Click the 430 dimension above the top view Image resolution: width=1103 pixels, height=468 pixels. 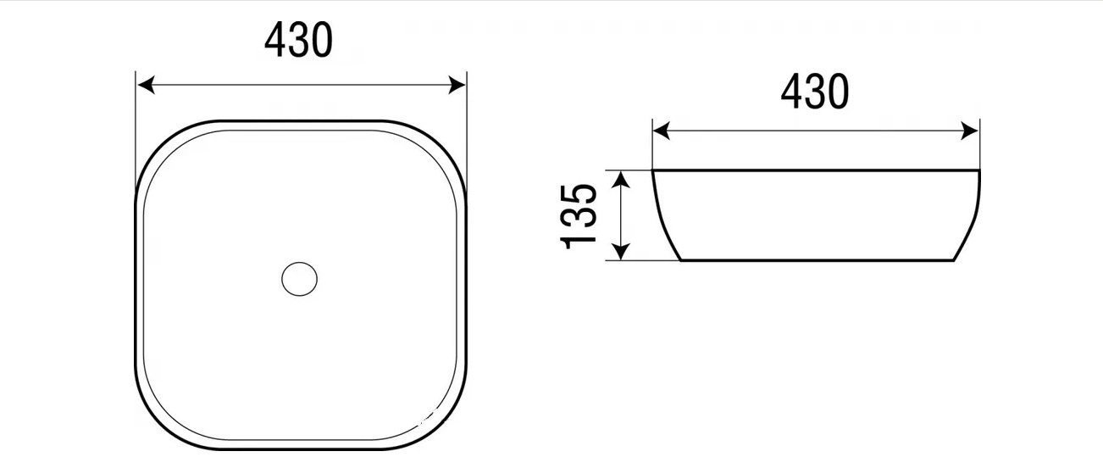pos(298,40)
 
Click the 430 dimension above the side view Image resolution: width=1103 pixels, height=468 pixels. pos(815,92)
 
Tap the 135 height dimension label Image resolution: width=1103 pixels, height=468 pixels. pos(579,216)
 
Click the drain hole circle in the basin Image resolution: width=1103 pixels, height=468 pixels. pos(299,279)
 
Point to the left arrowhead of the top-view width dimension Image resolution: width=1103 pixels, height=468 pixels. pos(147,85)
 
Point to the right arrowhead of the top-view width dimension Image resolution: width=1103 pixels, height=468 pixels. pos(457,85)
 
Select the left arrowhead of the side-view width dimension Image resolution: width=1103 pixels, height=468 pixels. pos(662,131)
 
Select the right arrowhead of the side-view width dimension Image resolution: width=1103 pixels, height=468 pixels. pos(969,131)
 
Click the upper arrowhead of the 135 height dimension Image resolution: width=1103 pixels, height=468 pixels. pos(622,180)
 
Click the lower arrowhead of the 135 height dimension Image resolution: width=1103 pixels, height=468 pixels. pos(622,251)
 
